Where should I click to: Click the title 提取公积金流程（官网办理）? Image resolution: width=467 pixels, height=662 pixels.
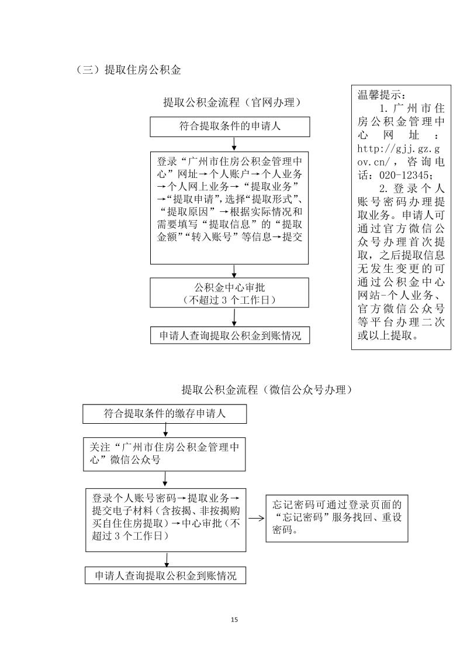pyautogui.click(x=231, y=103)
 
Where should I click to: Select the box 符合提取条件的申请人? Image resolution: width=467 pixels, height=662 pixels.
pyautogui.click(x=233, y=126)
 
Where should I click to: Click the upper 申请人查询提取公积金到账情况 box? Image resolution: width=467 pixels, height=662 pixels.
pyautogui.click(x=230, y=336)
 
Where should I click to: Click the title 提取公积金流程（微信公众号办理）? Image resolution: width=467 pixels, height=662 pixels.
pyautogui.click(x=266, y=390)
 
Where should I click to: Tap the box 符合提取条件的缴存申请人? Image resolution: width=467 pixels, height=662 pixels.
pyautogui.click(x=165, y=414)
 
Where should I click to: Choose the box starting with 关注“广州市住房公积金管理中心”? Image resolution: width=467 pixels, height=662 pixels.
pyautogui.click(x=165, y=453)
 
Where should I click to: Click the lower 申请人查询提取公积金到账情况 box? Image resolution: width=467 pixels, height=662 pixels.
pyautogui.click(x=165, y=575)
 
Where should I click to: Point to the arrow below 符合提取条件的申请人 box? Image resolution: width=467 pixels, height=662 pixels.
pyautogui.click(x=233, y=143)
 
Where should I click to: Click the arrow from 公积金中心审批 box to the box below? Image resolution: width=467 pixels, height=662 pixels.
pyautogui.click(x=234, y=317)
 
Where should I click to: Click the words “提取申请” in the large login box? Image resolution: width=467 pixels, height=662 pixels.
pyautogui.click(x=180, y=199)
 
